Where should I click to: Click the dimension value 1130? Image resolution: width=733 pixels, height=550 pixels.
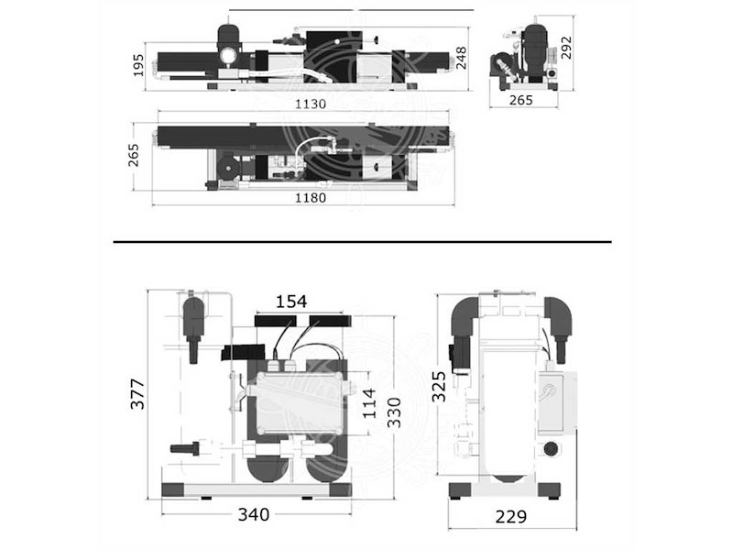tap(311, 104)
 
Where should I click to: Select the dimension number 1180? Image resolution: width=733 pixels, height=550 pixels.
tap(311, 198)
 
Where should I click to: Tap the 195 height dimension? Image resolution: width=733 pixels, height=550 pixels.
tap(139, 65)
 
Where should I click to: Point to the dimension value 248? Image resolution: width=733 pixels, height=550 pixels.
tap(462, 58)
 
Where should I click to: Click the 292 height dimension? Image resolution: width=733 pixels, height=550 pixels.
tap(566, 48)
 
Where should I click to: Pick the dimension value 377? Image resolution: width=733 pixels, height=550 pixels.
tap(137, 394)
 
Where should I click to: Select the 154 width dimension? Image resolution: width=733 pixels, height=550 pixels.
tap(291, 302)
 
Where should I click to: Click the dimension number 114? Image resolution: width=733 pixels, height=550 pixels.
tap(369, 403)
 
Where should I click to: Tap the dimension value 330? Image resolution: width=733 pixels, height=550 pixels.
tap(395, 412)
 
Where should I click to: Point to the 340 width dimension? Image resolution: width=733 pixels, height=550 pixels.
tap(254, 514)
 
